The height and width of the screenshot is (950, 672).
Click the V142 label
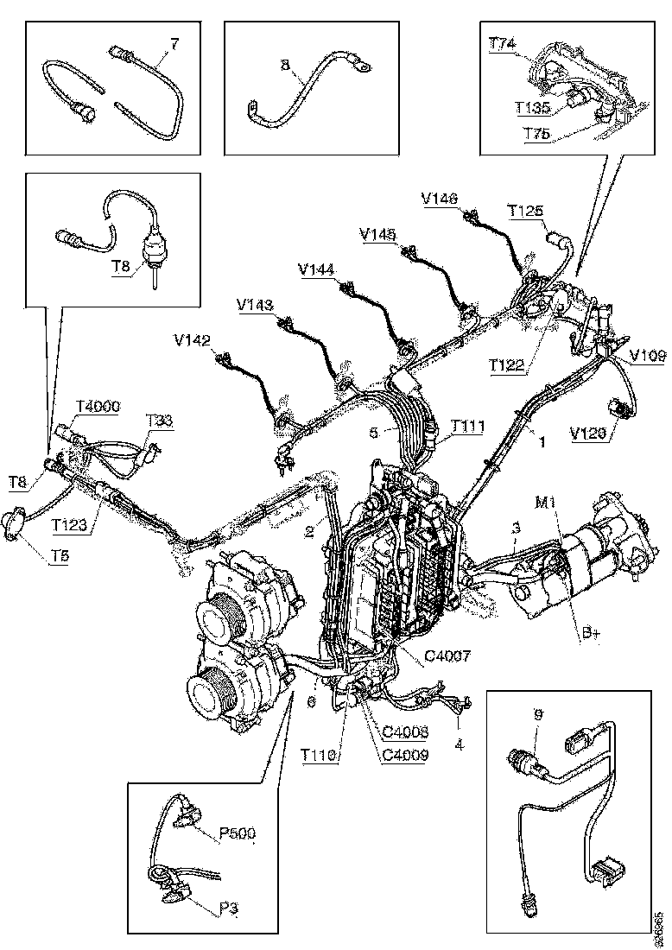[192, 341]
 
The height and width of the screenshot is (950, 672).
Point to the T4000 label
[98, 406]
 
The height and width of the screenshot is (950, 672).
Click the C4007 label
[447, 656]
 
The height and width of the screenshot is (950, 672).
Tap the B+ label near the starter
[590, 635]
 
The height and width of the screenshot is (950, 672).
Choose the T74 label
[503, 45]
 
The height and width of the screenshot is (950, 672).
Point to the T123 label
[69, 523]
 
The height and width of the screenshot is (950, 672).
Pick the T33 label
[159, 421]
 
